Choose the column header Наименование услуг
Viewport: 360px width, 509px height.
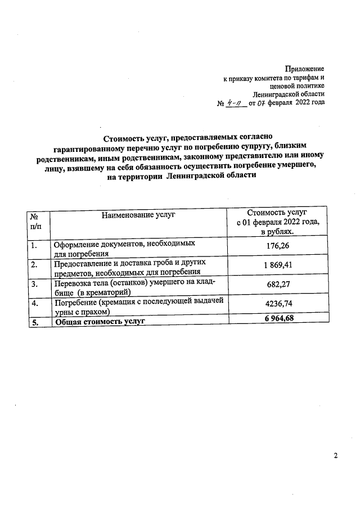pos(138,214)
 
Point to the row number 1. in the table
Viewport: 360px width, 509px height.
pos(35,245)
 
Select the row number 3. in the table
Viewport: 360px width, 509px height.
pos(35,284)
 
